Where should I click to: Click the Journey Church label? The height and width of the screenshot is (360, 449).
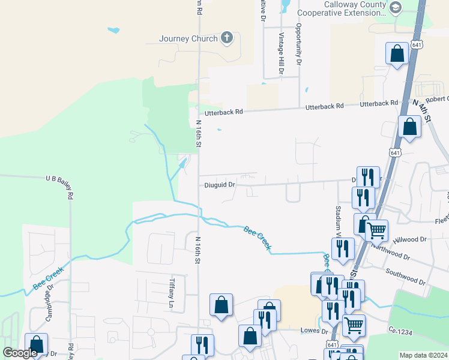pyautogui.click(x=188, y=39)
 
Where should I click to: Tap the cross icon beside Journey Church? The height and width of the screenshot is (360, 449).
pyautogui.click(x=227, y=38)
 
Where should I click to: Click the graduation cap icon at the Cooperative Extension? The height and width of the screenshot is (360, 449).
pyautogui.click(x=395, y=7)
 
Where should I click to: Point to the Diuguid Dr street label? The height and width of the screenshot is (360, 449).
pyautogui.click(x=218, y=185)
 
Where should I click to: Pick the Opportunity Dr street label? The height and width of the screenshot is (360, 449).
pyautogui.click(x=298, y=44)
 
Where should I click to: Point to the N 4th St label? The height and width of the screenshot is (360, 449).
pyautogui.click(x=423, y=112)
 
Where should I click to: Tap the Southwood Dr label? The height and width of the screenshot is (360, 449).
pyautogui.click(x=406, y=278)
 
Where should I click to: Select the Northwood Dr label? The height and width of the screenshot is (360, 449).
pyautogui.click(x=390, y=252)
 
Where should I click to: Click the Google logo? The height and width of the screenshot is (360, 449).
pyautogui.click(x=20, y=353)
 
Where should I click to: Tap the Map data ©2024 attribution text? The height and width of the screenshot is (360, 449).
pyautogui.click(x=423, y=355)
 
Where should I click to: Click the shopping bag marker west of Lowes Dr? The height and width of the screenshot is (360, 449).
pyautogui.click(x=250, y=337)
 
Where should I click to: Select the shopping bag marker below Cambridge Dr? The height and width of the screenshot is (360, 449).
pyautogui.click(x=36, y=344)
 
